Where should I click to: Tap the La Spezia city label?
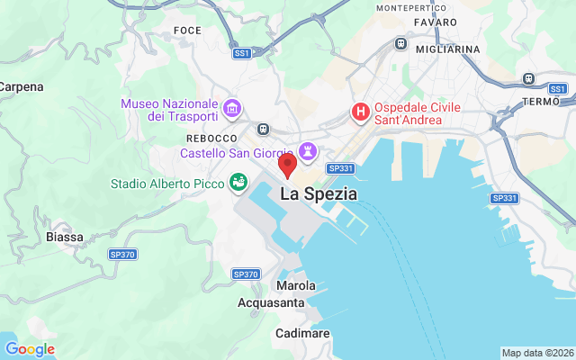pos(319,193)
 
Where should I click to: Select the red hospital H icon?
pos(360,112)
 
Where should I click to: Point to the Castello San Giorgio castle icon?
pos(309,150)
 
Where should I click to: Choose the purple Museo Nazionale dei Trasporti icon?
pos(232,109)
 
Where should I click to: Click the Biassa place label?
pos(64,237)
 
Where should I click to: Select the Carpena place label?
pos(20,87)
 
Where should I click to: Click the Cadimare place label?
pos(303,333)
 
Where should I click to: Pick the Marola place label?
pos(296,285)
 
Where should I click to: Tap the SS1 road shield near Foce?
pos(241,53)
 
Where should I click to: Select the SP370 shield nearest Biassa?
pos(121,255)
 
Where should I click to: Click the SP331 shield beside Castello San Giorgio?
pos(339,168)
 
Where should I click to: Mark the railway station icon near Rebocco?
pos(264,128)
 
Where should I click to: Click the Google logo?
pos(30,349)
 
